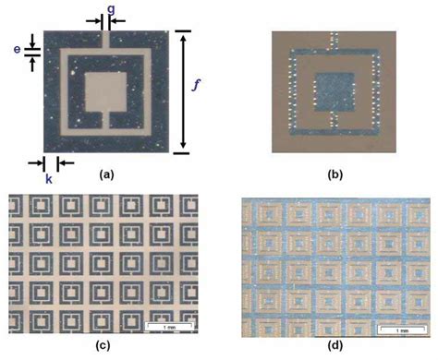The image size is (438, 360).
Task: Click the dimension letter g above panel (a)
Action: tap(111, 8)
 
